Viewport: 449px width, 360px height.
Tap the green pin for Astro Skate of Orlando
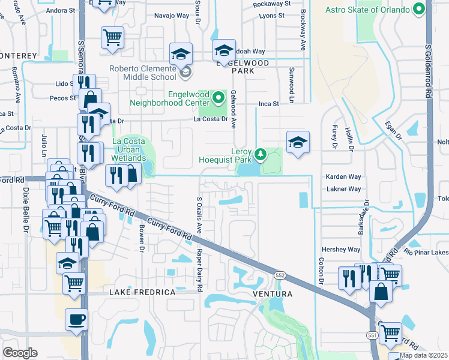(419, 10)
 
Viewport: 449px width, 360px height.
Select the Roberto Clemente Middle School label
(143, 73)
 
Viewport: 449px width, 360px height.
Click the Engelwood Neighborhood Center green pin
(218, 96)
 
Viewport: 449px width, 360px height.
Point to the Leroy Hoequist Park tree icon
(260, 155)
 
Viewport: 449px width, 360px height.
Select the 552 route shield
(279, 275)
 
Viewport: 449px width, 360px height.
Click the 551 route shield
(372, 337)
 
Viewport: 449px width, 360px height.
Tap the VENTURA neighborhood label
(272, 294)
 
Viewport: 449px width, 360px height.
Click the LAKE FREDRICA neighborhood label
(142, 292)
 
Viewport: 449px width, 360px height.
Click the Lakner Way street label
(343, 188)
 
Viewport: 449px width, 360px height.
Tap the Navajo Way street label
(172, 16)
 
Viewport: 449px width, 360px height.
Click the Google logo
(20, 353)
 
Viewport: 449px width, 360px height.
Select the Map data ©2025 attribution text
(424, 355)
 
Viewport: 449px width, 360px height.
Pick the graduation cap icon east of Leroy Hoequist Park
(298, 142)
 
